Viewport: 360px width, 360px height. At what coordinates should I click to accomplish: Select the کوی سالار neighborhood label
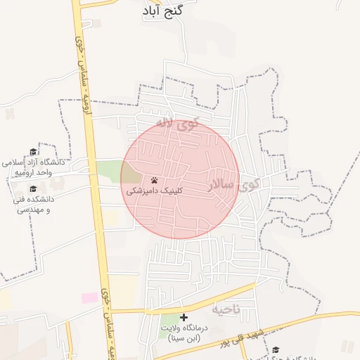click(233, 184)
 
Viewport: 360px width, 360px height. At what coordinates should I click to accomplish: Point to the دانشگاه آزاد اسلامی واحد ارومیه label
click(33, 166)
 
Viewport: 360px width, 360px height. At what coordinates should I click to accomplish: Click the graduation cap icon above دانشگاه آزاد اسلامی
click(33, 153)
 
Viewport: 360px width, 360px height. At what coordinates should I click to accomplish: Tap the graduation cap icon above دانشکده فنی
click(33, 189)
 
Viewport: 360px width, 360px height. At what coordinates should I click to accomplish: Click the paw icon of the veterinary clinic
click(154, 180)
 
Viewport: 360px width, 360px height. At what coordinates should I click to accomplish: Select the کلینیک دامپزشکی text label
click(155, 191)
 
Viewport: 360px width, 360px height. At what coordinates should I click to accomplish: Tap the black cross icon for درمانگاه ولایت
click(184, 318)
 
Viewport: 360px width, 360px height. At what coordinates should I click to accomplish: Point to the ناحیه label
click(226, 308)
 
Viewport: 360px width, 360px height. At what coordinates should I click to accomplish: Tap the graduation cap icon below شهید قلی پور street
click(276, 349)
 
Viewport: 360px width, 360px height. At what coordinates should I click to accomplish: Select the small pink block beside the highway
click(90, 297)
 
